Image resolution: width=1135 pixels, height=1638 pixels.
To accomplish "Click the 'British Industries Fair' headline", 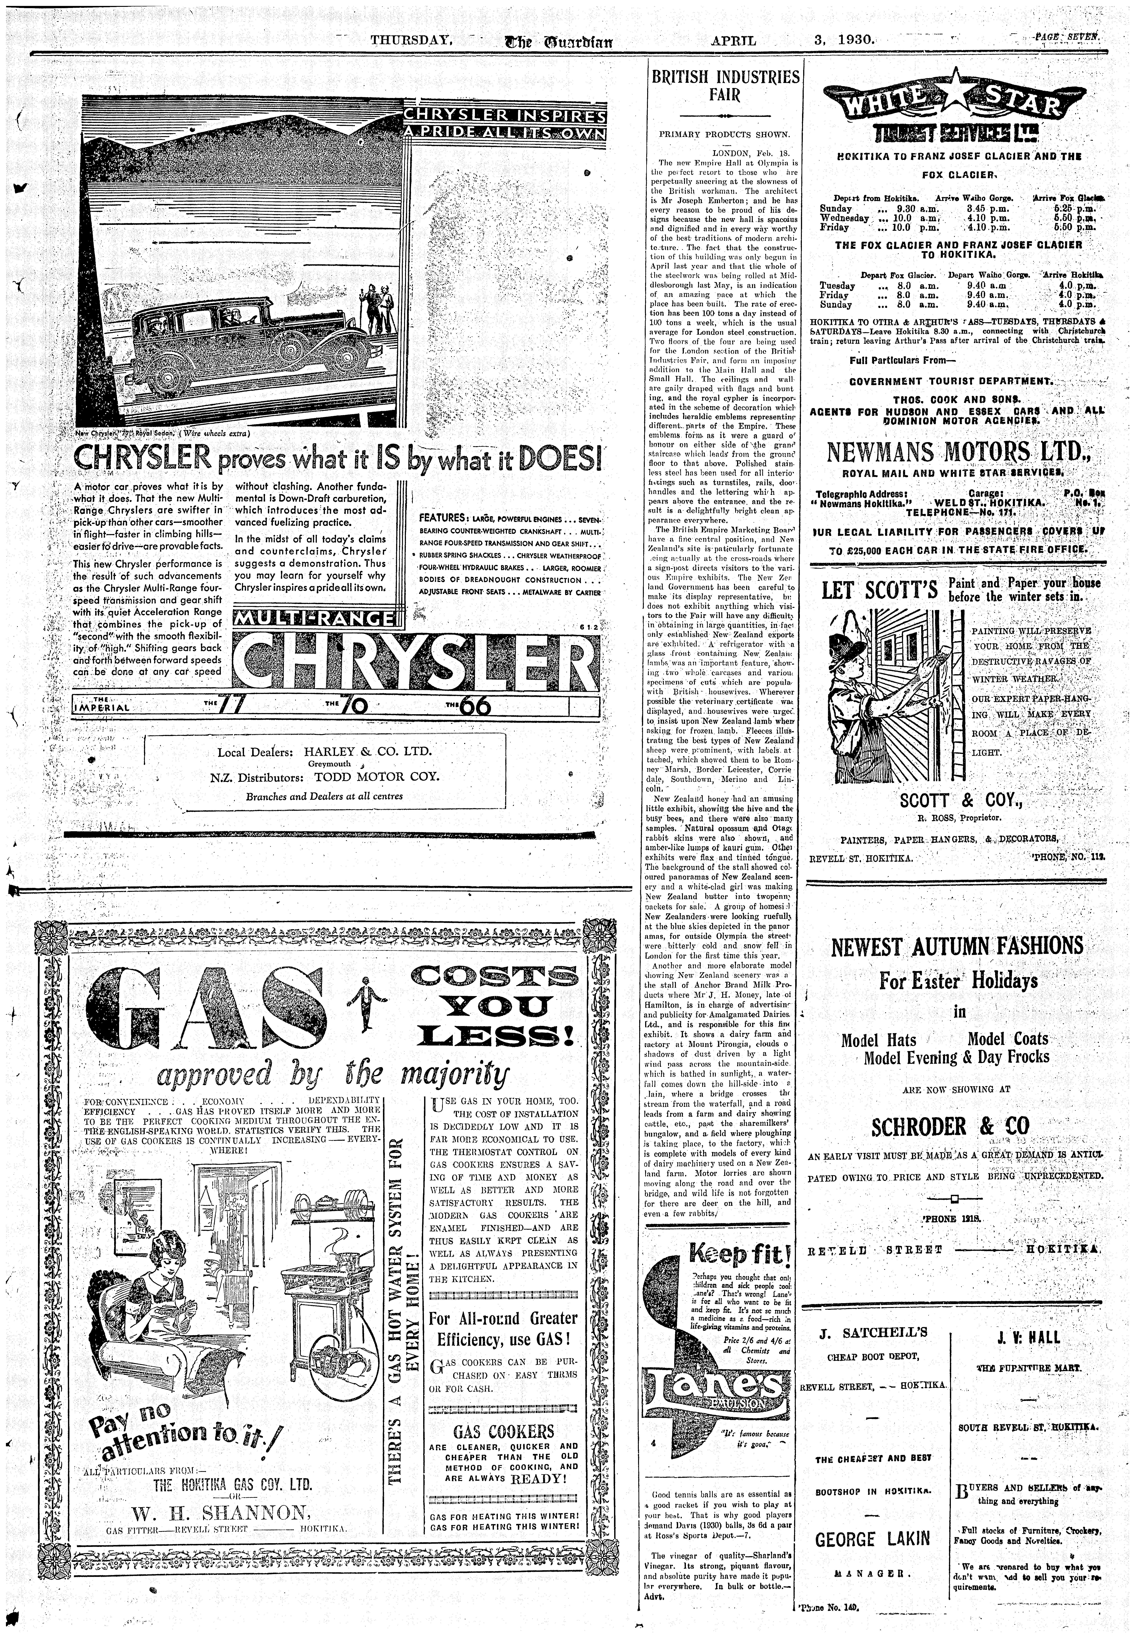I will coord(725,85).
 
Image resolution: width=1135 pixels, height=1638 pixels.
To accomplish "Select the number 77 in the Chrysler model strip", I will coord(232,705).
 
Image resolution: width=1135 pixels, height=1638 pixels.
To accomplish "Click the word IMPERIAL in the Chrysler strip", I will coord(102,707).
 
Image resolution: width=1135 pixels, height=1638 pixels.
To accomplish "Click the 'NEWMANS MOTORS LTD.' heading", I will coord(957,452).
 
